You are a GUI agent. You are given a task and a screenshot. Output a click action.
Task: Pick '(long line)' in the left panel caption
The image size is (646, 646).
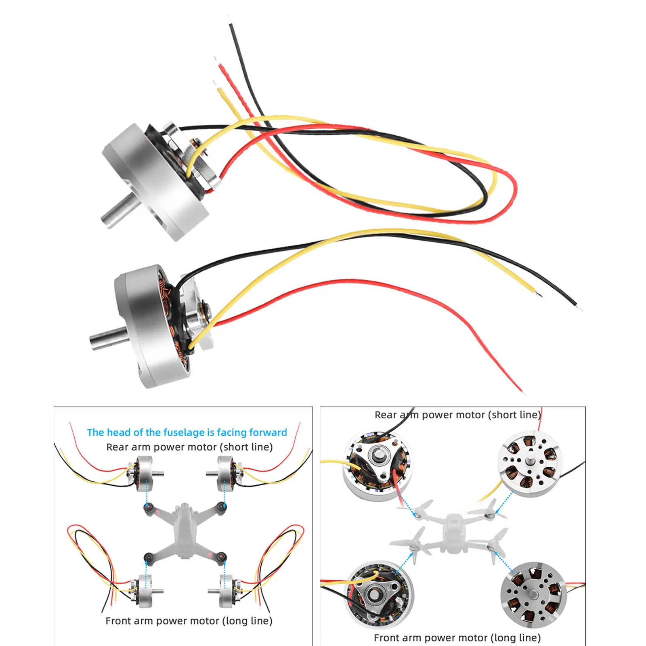(247, 621)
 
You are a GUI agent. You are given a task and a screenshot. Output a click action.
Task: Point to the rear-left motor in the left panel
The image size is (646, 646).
(144, 474)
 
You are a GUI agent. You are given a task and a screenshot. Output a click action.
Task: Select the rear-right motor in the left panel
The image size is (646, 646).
(225, 474)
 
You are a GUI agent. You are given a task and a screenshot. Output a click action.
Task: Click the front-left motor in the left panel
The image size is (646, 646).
(144, 590)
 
